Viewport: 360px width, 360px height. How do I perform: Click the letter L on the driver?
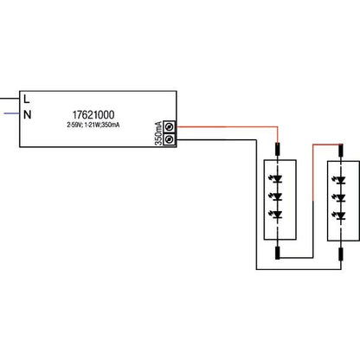click(27, 99)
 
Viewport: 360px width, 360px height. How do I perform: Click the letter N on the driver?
click(27, 115)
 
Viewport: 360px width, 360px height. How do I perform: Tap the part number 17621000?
click(93, 114)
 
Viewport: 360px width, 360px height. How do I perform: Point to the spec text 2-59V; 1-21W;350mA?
click(93, 125)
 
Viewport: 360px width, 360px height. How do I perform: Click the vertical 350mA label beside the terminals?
click(158, 133)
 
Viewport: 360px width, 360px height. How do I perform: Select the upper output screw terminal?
click(169, 126)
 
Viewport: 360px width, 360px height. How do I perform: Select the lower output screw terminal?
click(169, 139)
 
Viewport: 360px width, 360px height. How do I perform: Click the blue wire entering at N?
click(12, 113)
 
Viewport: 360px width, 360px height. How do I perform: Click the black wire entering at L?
click(10, 99)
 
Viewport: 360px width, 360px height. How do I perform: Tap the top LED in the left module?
click(277, 179)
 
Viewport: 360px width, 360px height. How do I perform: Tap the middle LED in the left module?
click(277, 196)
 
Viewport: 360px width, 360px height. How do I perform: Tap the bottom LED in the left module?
click(277, 214)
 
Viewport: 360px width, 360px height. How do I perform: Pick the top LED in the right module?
click(340, 180)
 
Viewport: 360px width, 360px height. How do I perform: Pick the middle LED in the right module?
click(340, 197)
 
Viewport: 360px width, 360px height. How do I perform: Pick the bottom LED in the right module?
click(340, 215)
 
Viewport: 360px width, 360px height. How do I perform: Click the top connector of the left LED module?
click(278, 150)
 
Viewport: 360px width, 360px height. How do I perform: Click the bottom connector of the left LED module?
click(278, 253)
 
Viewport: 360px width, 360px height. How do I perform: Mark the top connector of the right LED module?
click(341, 150)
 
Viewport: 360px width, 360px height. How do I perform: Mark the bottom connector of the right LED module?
click(341, 254)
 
